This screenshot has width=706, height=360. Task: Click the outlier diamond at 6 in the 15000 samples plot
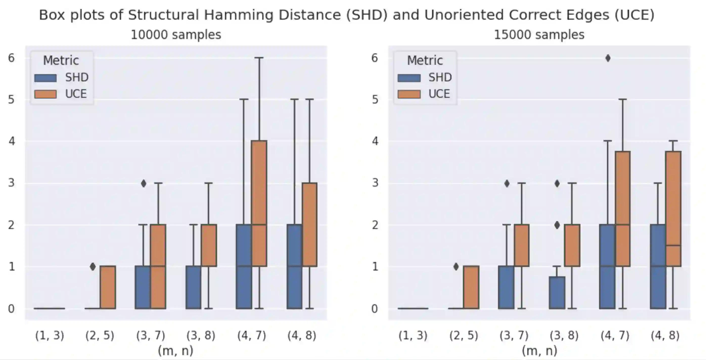(x=608, y=58)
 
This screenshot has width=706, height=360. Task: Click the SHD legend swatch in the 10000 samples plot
(x=45, y=78)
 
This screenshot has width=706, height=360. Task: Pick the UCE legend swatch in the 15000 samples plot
(x=409, y=94)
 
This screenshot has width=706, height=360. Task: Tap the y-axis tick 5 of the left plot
(x=11, y=100)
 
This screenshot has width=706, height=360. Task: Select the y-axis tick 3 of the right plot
(x=375, y=183)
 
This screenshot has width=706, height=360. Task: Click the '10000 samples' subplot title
(x=176, y=35)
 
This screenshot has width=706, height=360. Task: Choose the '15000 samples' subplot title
(x=539, y=35)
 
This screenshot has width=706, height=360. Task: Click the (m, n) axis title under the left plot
(x=176, y=351)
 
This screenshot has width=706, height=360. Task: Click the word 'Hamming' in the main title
(x=238, y=15)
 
